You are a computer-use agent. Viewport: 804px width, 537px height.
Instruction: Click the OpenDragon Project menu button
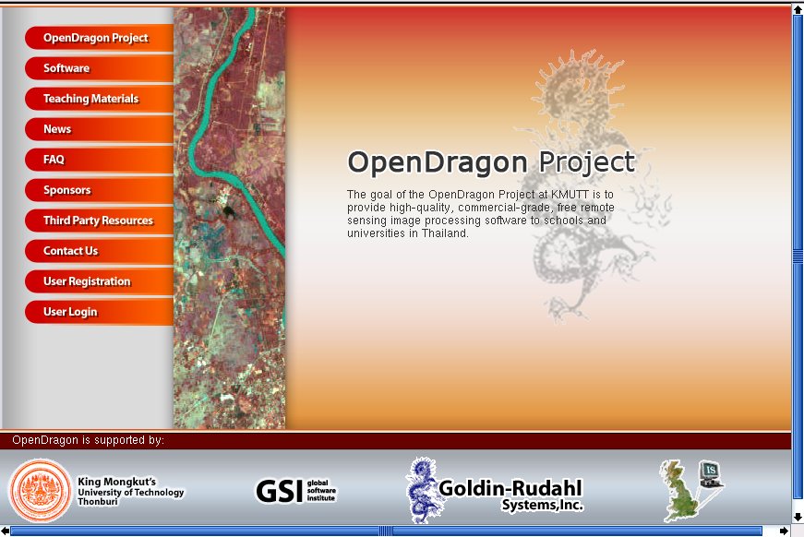pos(100,38)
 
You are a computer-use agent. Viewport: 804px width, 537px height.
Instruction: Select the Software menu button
pos(100,68)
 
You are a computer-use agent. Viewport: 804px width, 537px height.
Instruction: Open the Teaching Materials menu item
pos(100,99)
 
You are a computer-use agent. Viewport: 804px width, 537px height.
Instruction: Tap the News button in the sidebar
pos(100,129)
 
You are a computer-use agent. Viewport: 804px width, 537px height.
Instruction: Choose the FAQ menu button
pos(100,160)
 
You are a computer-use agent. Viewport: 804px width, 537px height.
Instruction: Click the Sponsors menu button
pos(100,189)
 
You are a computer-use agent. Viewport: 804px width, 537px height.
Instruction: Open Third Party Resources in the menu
pos(100,221)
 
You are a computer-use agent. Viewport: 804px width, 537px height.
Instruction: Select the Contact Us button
pos(100,251)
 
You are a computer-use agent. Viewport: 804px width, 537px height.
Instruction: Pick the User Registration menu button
pos(100,281)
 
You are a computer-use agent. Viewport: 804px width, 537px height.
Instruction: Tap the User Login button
pos(100,312)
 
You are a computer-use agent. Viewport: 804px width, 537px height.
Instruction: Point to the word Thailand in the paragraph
pos(445,233)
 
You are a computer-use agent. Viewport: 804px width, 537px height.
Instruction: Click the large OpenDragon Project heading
pos(491,162)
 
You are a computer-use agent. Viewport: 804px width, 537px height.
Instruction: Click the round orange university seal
pos(41,490)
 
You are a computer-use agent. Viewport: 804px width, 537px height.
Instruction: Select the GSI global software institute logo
pos(296,490)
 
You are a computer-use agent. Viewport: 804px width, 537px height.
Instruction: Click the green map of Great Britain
pos(678,490)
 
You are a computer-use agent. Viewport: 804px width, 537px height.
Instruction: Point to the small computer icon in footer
pos(711,474)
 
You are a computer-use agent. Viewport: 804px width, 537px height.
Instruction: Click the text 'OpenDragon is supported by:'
pos(89,440)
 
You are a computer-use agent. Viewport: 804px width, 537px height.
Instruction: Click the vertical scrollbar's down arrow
pos(798,517)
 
